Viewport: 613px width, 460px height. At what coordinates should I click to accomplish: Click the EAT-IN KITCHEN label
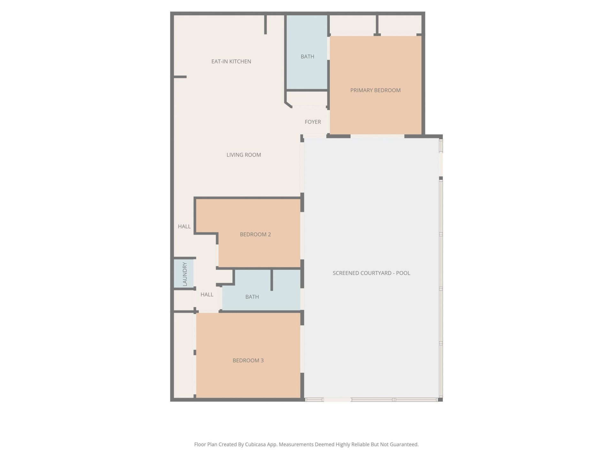tap(231, 61)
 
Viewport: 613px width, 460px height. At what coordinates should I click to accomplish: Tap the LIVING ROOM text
tap(244, 155)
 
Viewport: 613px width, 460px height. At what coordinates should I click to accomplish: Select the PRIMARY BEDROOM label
tap(375, 90)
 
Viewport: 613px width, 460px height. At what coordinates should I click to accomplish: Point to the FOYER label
tap(313, 122)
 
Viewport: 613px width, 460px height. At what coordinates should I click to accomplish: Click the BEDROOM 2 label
tap(255, 234)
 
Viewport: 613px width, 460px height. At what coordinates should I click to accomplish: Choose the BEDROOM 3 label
tap(248, 361)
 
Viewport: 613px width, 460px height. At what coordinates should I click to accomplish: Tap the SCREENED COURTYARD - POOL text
tap(371, 273)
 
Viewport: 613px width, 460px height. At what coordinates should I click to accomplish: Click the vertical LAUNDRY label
tap(185, 274)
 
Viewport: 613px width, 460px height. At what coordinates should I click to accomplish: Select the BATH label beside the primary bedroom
tap(307, 57)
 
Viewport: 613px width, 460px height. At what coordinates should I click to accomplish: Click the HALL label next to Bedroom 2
tap(184, 226)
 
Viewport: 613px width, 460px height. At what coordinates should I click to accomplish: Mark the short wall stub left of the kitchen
tap(180, 77)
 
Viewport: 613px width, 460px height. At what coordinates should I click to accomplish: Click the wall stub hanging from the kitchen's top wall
tap(265, 25)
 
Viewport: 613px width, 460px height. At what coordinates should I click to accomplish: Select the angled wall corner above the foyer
tap(288, 105)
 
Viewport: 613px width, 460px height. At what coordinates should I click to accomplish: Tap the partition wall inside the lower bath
tap(272, 280)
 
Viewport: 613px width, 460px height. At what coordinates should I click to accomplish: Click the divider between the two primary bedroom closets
tap(377, 24)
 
